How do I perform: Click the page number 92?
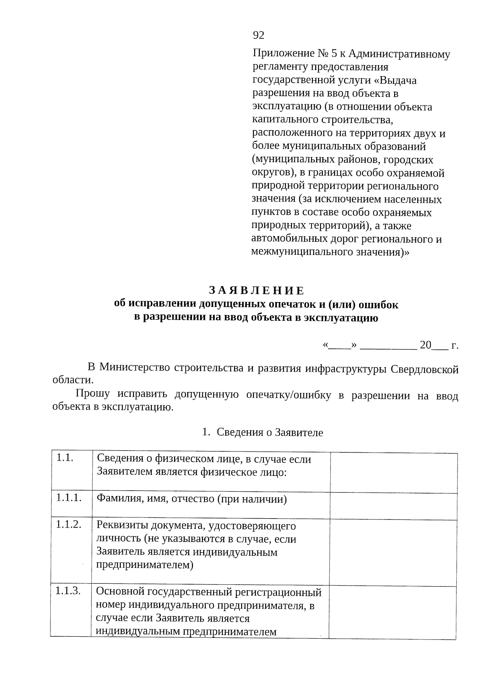pyautogui.click(x=259, y=35)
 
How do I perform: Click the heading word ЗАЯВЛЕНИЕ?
pyautogui.click(x=256, y=291)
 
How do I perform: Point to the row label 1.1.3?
pyautogui.click(x=68, y=591)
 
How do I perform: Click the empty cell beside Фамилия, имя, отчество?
pyautogui.click(x=393, y=506)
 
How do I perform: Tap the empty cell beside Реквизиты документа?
pyautogui.click(x=393, y=552)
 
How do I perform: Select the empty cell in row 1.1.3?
pyautogui.click(x=393, y=611)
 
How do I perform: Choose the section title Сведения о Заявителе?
pyautogui.click(x=270, y=432)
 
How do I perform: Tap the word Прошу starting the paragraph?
pyautogui.click(x=93, y=394)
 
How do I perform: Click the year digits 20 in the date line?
pyautogui.click(x=425, y=345)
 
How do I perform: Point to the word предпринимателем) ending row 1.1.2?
pyautogui.click(x=144, y=565)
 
